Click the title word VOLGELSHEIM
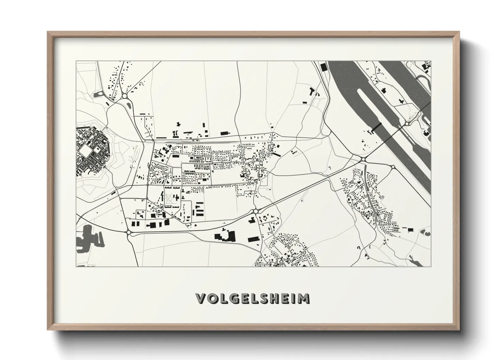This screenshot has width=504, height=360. click(x=253, y=298)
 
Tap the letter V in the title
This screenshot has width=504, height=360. click(x=201, y=298)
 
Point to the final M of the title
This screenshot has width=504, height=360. click(x=304, y=298)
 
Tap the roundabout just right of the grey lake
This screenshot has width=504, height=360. click(x=129, y=232)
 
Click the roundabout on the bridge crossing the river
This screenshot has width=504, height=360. click(x=407, y=124)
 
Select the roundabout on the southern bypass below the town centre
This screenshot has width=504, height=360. click(x=255, y=211)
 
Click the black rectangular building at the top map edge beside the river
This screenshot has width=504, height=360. click(x=323, y=67)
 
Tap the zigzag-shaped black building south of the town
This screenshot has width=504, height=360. click(x=312, y=92)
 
